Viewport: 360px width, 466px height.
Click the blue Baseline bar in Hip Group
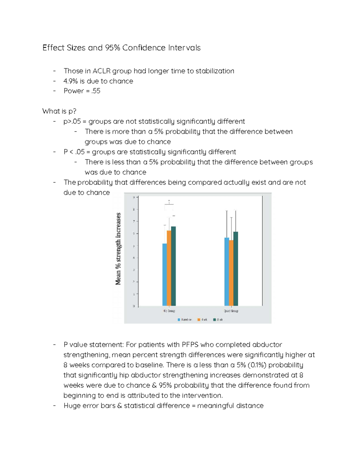164,275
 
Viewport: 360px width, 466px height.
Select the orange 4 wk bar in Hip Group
169,268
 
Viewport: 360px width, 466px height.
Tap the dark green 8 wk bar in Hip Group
173,266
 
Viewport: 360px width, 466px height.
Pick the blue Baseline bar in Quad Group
227,272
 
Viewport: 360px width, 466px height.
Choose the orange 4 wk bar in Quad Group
231,273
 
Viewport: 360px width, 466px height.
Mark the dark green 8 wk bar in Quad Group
235,269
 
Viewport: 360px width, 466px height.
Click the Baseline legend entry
184,320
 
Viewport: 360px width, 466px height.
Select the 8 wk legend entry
218,320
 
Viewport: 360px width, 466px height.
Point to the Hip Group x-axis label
169,311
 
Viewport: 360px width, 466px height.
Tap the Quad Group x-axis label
231,311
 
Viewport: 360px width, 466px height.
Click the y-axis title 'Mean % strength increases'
118,249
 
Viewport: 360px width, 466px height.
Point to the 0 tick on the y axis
134,306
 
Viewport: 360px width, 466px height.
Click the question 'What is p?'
59,111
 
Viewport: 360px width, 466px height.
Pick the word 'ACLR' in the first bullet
101,71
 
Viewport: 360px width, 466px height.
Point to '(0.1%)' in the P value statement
257,365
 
